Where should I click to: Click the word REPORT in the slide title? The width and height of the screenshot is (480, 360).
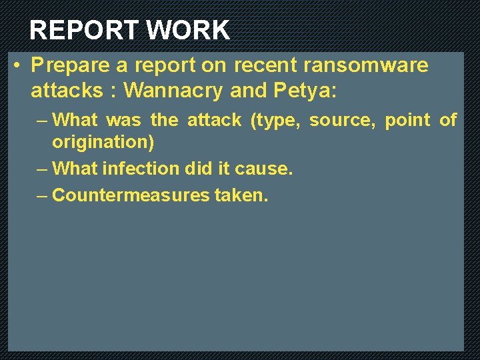coord(83,31)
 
